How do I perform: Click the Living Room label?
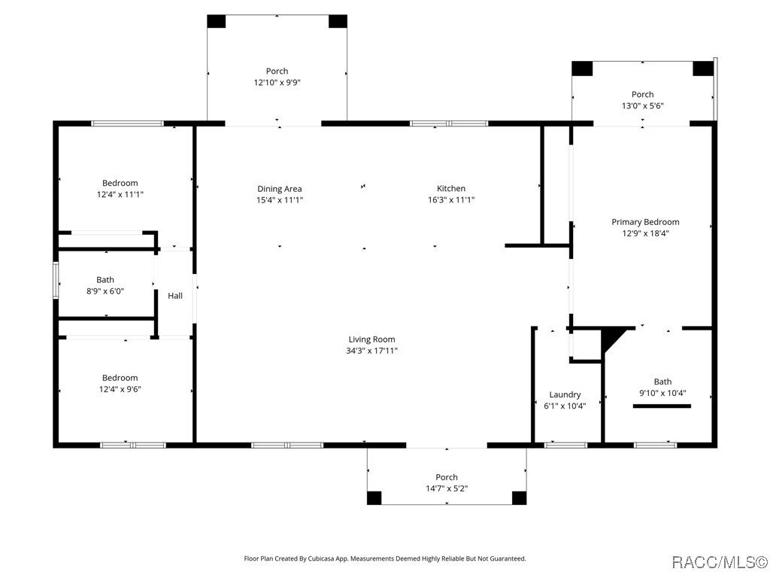click(371, 339)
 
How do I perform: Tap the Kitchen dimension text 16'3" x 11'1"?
click(451, 200)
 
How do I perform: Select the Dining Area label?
click(280, 189)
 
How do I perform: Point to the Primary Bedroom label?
click(645, 222)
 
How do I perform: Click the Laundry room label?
click(565, 394)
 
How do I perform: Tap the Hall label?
click(175, 296)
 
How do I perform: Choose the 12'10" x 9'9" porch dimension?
click(277, 83)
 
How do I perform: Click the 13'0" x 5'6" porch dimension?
click(642, 106)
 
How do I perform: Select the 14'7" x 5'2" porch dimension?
click(447, 489)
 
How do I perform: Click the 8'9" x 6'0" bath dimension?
click(105, 291)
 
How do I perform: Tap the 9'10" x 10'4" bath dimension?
click(662, 393)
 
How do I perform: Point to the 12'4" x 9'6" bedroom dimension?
click(120, 389)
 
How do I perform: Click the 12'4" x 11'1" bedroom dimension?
click(120, 194)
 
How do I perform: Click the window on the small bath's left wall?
click(55, 280)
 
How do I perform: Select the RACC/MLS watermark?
click(719, 562)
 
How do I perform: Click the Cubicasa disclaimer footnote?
click(384, 558)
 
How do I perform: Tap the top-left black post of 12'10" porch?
click(217, 21)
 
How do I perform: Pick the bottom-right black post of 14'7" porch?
click(519, 497)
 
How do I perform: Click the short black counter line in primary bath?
click(662, 406)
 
